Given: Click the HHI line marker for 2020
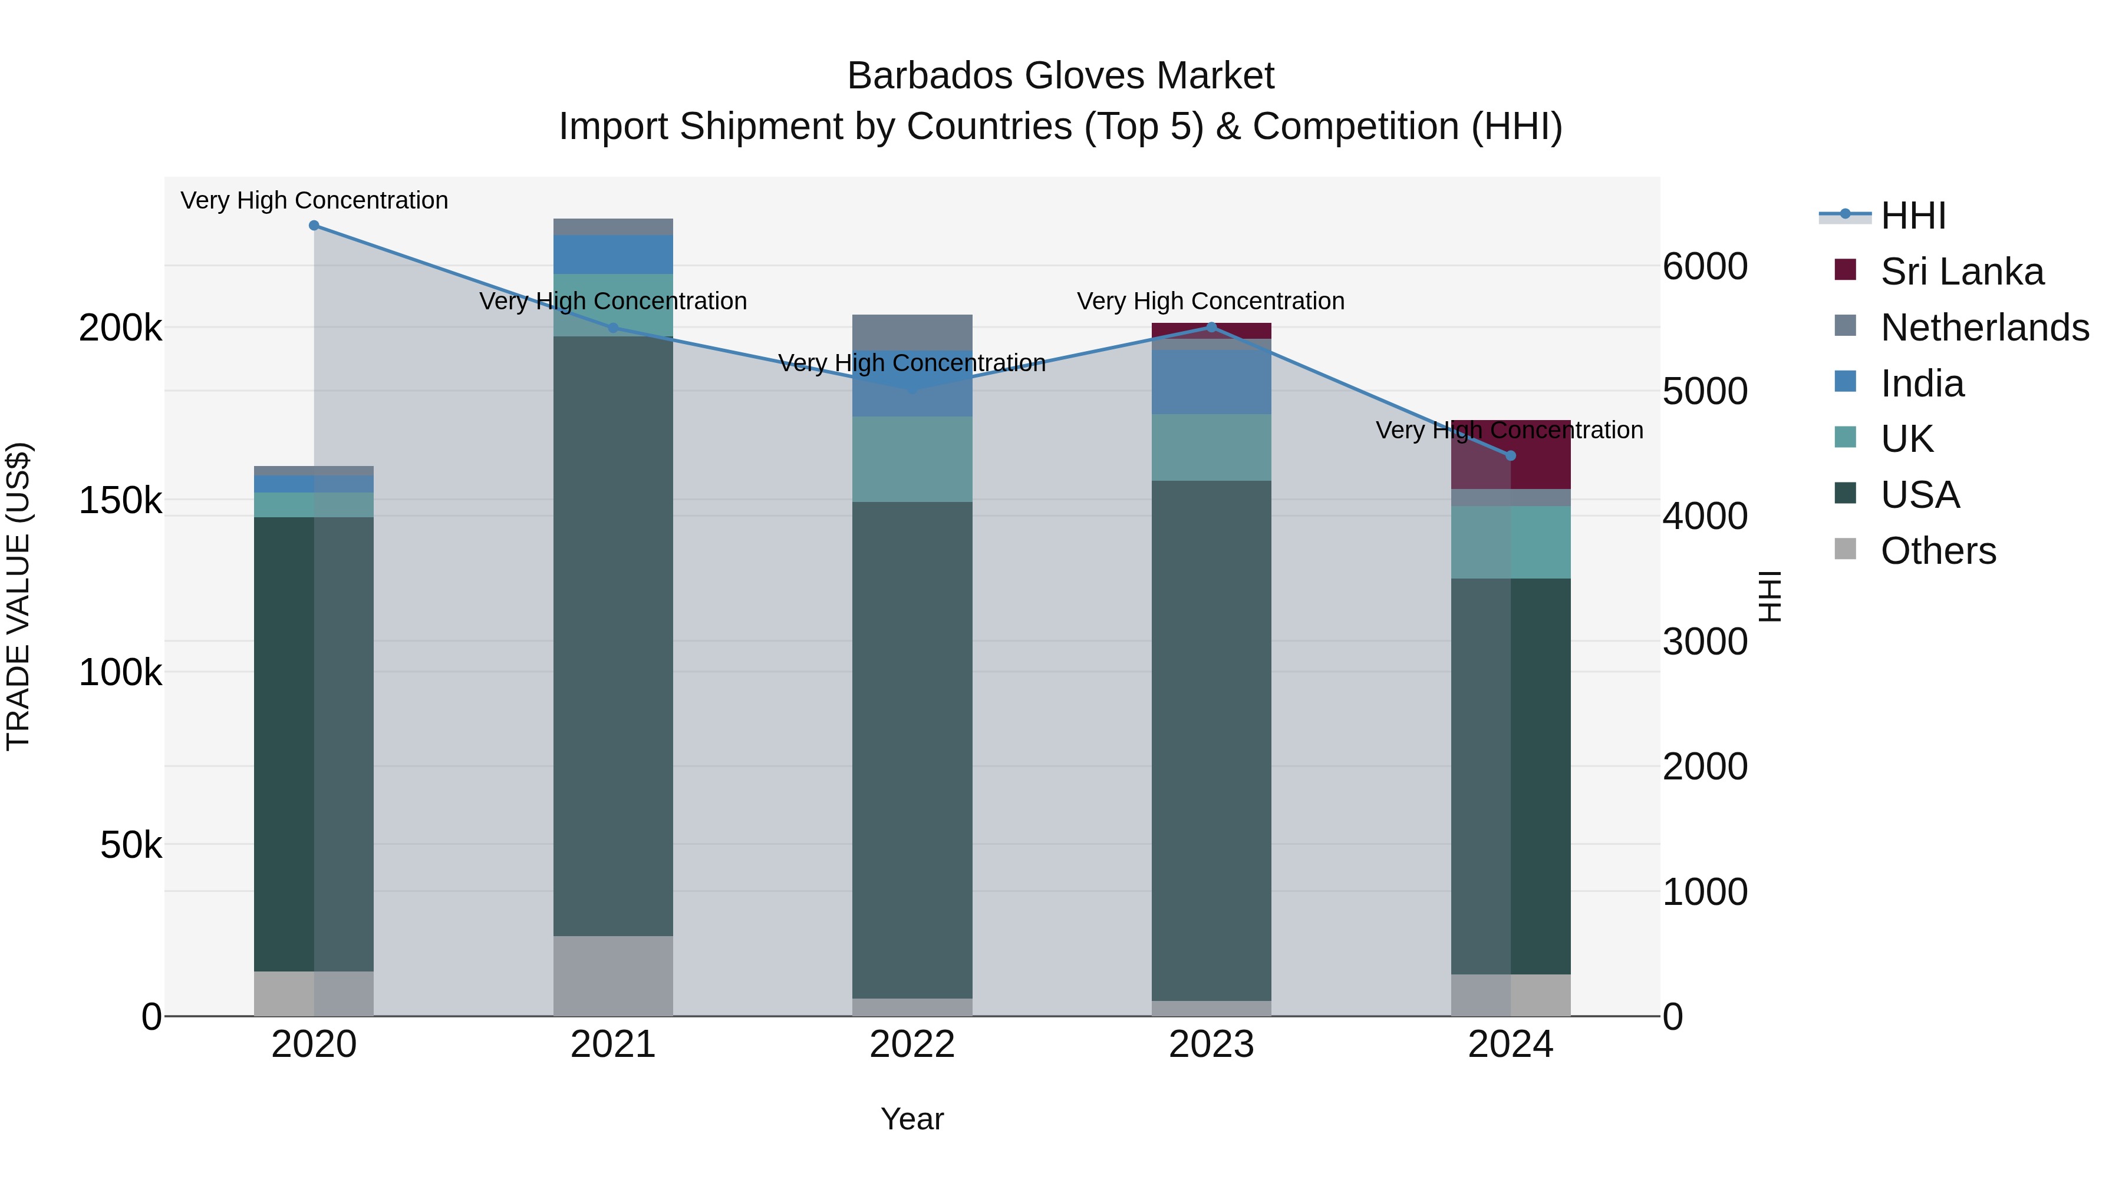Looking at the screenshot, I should pyautogui.click(x=314, y=226).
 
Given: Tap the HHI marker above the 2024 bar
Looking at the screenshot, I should pyautogui.click(x=1510, y=455).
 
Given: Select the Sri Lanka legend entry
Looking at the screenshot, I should pyautogui.click(x=1961, y=272).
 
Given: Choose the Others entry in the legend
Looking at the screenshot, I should pyautogui.click(x=1938, y=551).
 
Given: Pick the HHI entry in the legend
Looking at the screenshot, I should pyautogui.click(x=1913, y=216).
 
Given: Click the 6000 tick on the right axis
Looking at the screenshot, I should pyautogui.click(x=1704, y=267).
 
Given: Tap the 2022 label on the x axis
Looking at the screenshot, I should pyautogui.click(x=912, y=1045).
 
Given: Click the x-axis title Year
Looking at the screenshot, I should pyautogui.click(x=912, y=1119).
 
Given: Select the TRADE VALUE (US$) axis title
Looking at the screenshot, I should pyautogui.click(x=18, y=596).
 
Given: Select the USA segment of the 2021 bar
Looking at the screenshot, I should pyautogui.click(x=613, y=634).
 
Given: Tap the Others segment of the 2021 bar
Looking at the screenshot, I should pyautogui.click(x=613, y=975).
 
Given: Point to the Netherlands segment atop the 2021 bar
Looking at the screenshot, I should pyautogui.click(x=613, y=226).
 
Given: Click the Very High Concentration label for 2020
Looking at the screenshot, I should pyautogui.click(x=314, y=200).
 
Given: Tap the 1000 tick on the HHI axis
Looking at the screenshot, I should pyautogui.click(x=1704, y=892).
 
